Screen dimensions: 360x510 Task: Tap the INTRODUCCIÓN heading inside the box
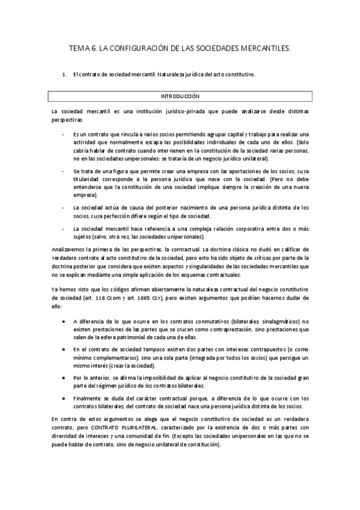[x=180, y=96]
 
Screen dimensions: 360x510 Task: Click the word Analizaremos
[x=69, y=249]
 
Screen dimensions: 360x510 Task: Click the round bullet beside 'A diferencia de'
[x=64, y=321]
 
